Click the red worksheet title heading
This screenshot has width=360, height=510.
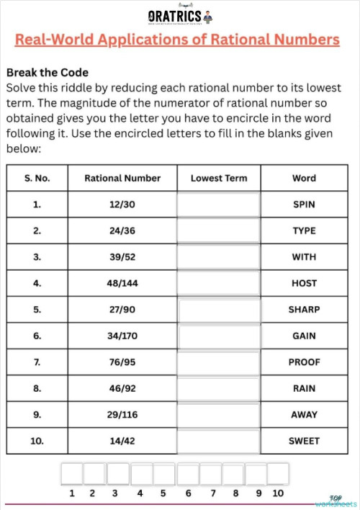pos(177,40)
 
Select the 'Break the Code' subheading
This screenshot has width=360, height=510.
pos(47,73)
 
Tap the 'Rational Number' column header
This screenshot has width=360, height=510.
pos(122,178)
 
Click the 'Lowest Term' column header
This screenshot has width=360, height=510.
pos(218,178)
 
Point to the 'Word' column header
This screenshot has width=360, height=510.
pos(304,178)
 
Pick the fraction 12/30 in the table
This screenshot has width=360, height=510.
pos(122,205)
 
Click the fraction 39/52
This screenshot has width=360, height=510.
pos(122,257)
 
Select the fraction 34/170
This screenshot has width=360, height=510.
pos(122,336)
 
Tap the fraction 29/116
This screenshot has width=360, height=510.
pos(122,414)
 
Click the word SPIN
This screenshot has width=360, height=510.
pos(304,205)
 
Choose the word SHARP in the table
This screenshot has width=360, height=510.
pos(304,310)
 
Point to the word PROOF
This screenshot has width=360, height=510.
pos(304,362)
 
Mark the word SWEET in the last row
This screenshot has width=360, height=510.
pos(304,441)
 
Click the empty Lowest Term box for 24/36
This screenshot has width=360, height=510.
pos(218,231)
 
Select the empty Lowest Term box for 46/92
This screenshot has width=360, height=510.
pos(218,388)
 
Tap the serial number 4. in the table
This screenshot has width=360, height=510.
pos(37,283)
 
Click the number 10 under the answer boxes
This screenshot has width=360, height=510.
pos(278,493)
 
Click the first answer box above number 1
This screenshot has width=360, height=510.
pos(71,473)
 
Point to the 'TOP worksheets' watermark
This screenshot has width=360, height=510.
pos(335,501)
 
